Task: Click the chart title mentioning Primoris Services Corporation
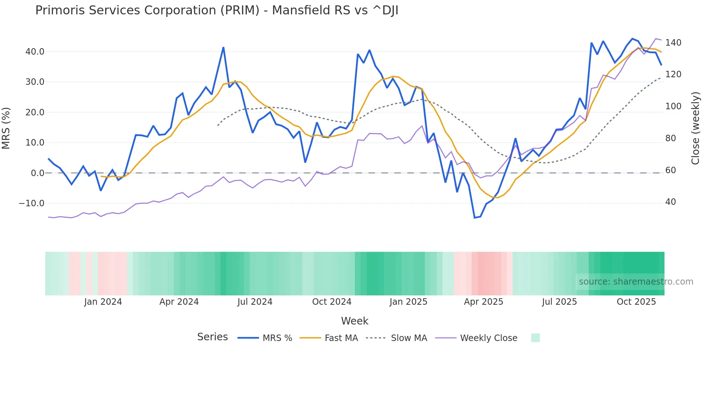point(217,10)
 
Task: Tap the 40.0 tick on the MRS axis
point(35,52)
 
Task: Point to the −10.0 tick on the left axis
point(32,203)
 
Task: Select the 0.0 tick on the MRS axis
point(38,173)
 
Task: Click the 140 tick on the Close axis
point(673,43)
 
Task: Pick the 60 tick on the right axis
point(671,170)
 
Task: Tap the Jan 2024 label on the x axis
point(103,302)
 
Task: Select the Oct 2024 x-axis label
point(332,302)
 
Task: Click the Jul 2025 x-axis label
point(559,302)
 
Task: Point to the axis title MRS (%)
point(6,128)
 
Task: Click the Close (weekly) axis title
point(695,128)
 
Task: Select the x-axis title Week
point(355,321)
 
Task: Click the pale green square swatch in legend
point(535,338)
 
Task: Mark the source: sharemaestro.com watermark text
point(636,282)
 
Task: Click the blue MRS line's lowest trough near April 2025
point(474,218)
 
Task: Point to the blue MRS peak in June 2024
point(223,47)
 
